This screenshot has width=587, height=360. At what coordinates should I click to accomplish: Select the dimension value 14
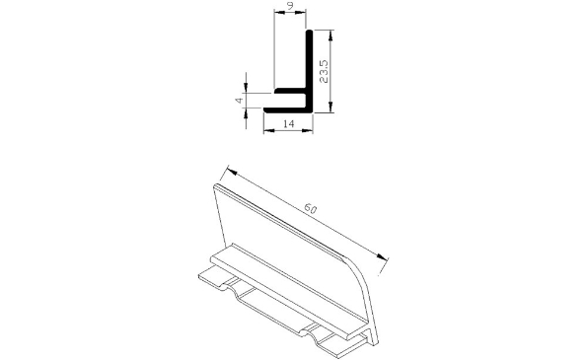click(288, 123)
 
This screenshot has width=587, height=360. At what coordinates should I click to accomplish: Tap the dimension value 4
click(239, 100)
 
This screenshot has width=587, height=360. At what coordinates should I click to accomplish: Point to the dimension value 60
click(310, 210)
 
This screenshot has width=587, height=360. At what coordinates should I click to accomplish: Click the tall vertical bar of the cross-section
click(310, 64)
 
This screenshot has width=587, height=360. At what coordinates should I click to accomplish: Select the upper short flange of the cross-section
click(290, 92)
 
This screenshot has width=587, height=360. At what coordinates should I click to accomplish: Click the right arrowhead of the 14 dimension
click(310, 130)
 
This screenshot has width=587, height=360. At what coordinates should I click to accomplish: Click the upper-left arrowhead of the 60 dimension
click(229, 169)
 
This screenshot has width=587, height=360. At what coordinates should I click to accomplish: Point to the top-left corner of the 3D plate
click(216, 184)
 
